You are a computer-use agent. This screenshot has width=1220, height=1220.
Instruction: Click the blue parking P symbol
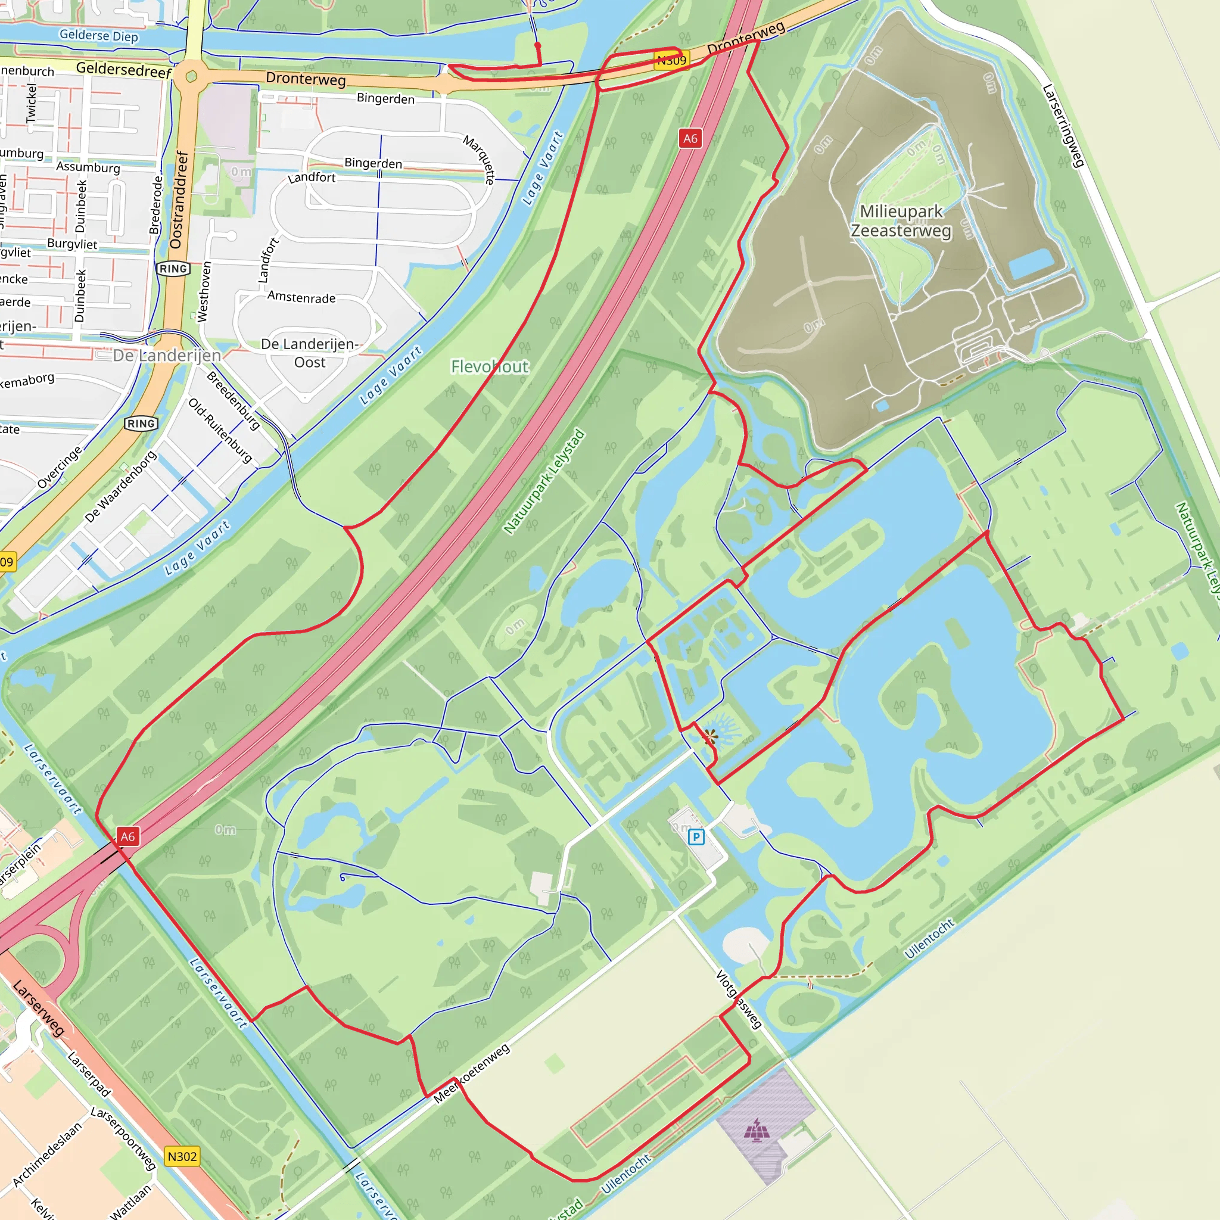(x=696, y=838)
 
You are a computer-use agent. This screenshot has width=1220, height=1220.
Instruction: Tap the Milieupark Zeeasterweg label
(x=901, y=221)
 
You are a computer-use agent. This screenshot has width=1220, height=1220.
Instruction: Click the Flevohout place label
(x=490, y=366)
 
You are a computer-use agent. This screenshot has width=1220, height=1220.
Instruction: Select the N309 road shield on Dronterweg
(x=671, y=60)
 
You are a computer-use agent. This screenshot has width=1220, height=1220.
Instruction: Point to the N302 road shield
(x=182, y=1156)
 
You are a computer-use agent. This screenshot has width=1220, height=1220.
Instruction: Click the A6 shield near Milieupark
(x=690, y=138)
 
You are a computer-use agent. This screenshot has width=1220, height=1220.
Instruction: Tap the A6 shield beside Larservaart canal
(x=127, y=837)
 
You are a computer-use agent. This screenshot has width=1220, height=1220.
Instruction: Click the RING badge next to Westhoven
(x=173, y=269)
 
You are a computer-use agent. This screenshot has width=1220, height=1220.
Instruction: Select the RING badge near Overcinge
(x=141, y=424)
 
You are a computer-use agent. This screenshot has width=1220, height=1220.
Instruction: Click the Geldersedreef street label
(x=124, y=70)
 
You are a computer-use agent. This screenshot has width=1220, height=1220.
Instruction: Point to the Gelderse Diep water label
(x=98, y=35)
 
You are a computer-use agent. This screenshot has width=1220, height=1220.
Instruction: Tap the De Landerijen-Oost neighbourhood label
(x=309, y=353)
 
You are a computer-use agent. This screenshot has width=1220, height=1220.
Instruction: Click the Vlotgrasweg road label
(x=739, y=999)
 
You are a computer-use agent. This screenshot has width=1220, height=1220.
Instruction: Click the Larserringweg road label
(x=1063, y=126)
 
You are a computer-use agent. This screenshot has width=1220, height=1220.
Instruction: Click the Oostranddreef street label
(x=179, y=200)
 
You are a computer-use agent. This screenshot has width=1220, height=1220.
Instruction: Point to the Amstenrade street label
(x=301, y=297)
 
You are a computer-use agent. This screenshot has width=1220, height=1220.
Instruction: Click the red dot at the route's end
(x=537, y=45)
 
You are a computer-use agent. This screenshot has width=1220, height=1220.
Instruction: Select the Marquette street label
(x=480, y=159)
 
